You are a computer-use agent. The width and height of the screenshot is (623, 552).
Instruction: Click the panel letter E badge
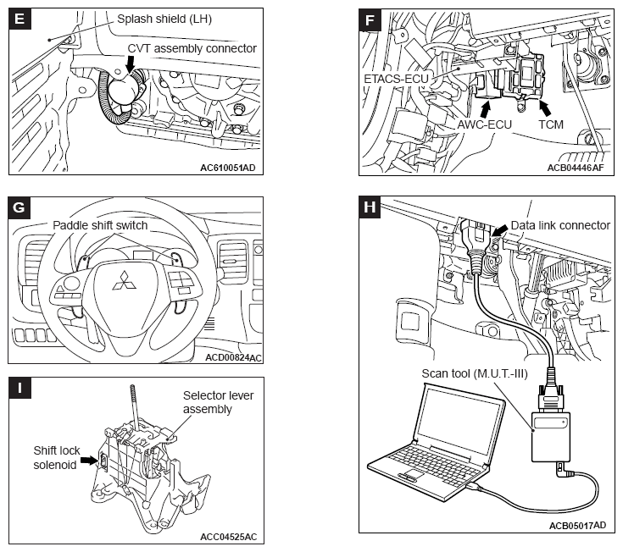click(x=19, y=19)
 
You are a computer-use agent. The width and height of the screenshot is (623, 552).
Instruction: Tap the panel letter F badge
click(x=370, y=19)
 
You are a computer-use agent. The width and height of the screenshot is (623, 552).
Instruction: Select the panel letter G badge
click(x=19, y=207)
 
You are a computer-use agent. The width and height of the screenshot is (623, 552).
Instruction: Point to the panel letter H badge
click(x=370, y=207)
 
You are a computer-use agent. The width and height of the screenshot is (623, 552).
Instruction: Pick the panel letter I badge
click(x=19, y=388)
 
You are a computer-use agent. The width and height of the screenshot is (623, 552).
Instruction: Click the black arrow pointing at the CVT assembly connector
click(x=130, y=63)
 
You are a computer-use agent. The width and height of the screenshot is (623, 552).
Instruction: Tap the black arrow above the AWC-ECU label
click(x=485, y=108)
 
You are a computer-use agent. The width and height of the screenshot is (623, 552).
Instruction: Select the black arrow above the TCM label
click(x=546, y=108)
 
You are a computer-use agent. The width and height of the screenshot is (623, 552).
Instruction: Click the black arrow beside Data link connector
click(x=500, y=231)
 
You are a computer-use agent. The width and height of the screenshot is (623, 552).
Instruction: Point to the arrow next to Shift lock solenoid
click(x=89, y=460)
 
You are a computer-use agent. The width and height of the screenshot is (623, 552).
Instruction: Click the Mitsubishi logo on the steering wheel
click(x=125, y=281)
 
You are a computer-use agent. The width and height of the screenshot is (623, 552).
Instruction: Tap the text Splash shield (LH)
click(x=164, y=19)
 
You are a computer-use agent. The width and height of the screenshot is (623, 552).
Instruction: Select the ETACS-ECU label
click(x=396, y=79)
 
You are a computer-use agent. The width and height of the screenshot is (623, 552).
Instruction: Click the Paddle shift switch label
click(x=100, y=225)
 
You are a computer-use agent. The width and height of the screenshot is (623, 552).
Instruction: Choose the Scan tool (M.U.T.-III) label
click(x=475, y=373)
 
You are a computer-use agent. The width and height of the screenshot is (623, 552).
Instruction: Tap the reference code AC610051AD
click(x=228, y=168)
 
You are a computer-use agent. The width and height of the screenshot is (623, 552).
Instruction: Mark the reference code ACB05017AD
click(x=578, y=526)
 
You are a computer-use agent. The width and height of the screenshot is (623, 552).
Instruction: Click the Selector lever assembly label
click(x=218, y=402)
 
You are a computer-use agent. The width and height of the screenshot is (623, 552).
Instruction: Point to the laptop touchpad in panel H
click(x=414, y=473)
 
